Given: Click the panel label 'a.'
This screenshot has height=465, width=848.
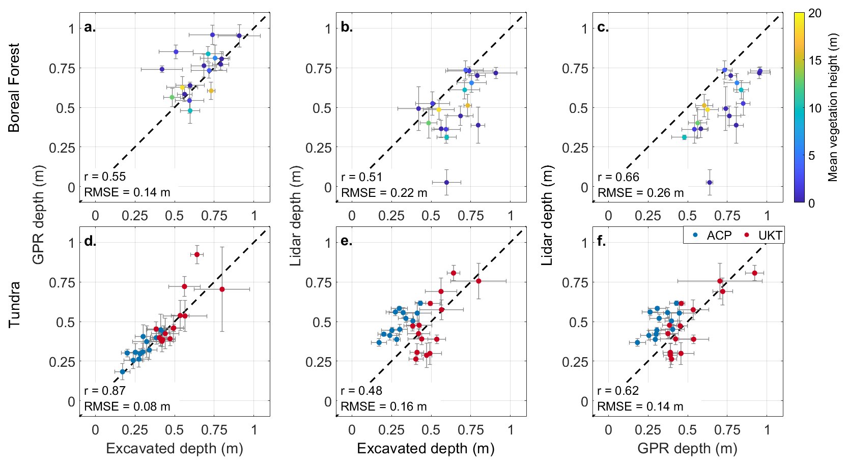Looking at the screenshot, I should (x=90, y=27).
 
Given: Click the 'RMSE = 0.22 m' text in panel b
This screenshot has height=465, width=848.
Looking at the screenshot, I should (x=384, y=193).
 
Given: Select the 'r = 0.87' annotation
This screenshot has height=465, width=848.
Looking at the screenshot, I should (x=105, y=391).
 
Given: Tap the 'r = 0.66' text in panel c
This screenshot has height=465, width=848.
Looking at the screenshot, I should (x=618, y=177).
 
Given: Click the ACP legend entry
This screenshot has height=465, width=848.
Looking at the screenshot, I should (x=713, y=236).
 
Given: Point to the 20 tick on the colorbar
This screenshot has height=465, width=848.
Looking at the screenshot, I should (x=815, y=13).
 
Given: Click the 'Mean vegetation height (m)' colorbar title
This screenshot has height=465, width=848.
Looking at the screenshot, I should (x=833, y=107).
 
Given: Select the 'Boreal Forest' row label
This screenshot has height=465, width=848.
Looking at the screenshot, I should (x=14, y=88).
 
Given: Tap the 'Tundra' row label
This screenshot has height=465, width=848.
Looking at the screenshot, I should (x=14, y=304).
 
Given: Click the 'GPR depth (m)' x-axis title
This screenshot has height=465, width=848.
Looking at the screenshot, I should (x=687, y=448).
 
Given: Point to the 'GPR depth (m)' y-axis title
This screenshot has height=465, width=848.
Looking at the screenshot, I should (x=39, y=215).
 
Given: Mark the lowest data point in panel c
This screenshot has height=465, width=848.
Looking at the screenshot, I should (x=710, y=182).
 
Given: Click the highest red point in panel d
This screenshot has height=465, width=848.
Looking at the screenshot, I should (x=197, y=254).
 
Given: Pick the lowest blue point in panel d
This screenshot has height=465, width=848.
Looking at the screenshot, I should (x=122, y=372).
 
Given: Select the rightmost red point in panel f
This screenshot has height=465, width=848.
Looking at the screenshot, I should (x=754, y=273).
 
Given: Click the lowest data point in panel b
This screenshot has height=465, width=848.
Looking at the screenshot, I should (x=446, y=182).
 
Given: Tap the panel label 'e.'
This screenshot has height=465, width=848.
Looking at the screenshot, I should (x=347, y=241).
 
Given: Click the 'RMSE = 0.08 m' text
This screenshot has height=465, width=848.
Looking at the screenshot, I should (x=127, y=406).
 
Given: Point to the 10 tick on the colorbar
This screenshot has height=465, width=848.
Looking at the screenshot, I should (x=815, y=108).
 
